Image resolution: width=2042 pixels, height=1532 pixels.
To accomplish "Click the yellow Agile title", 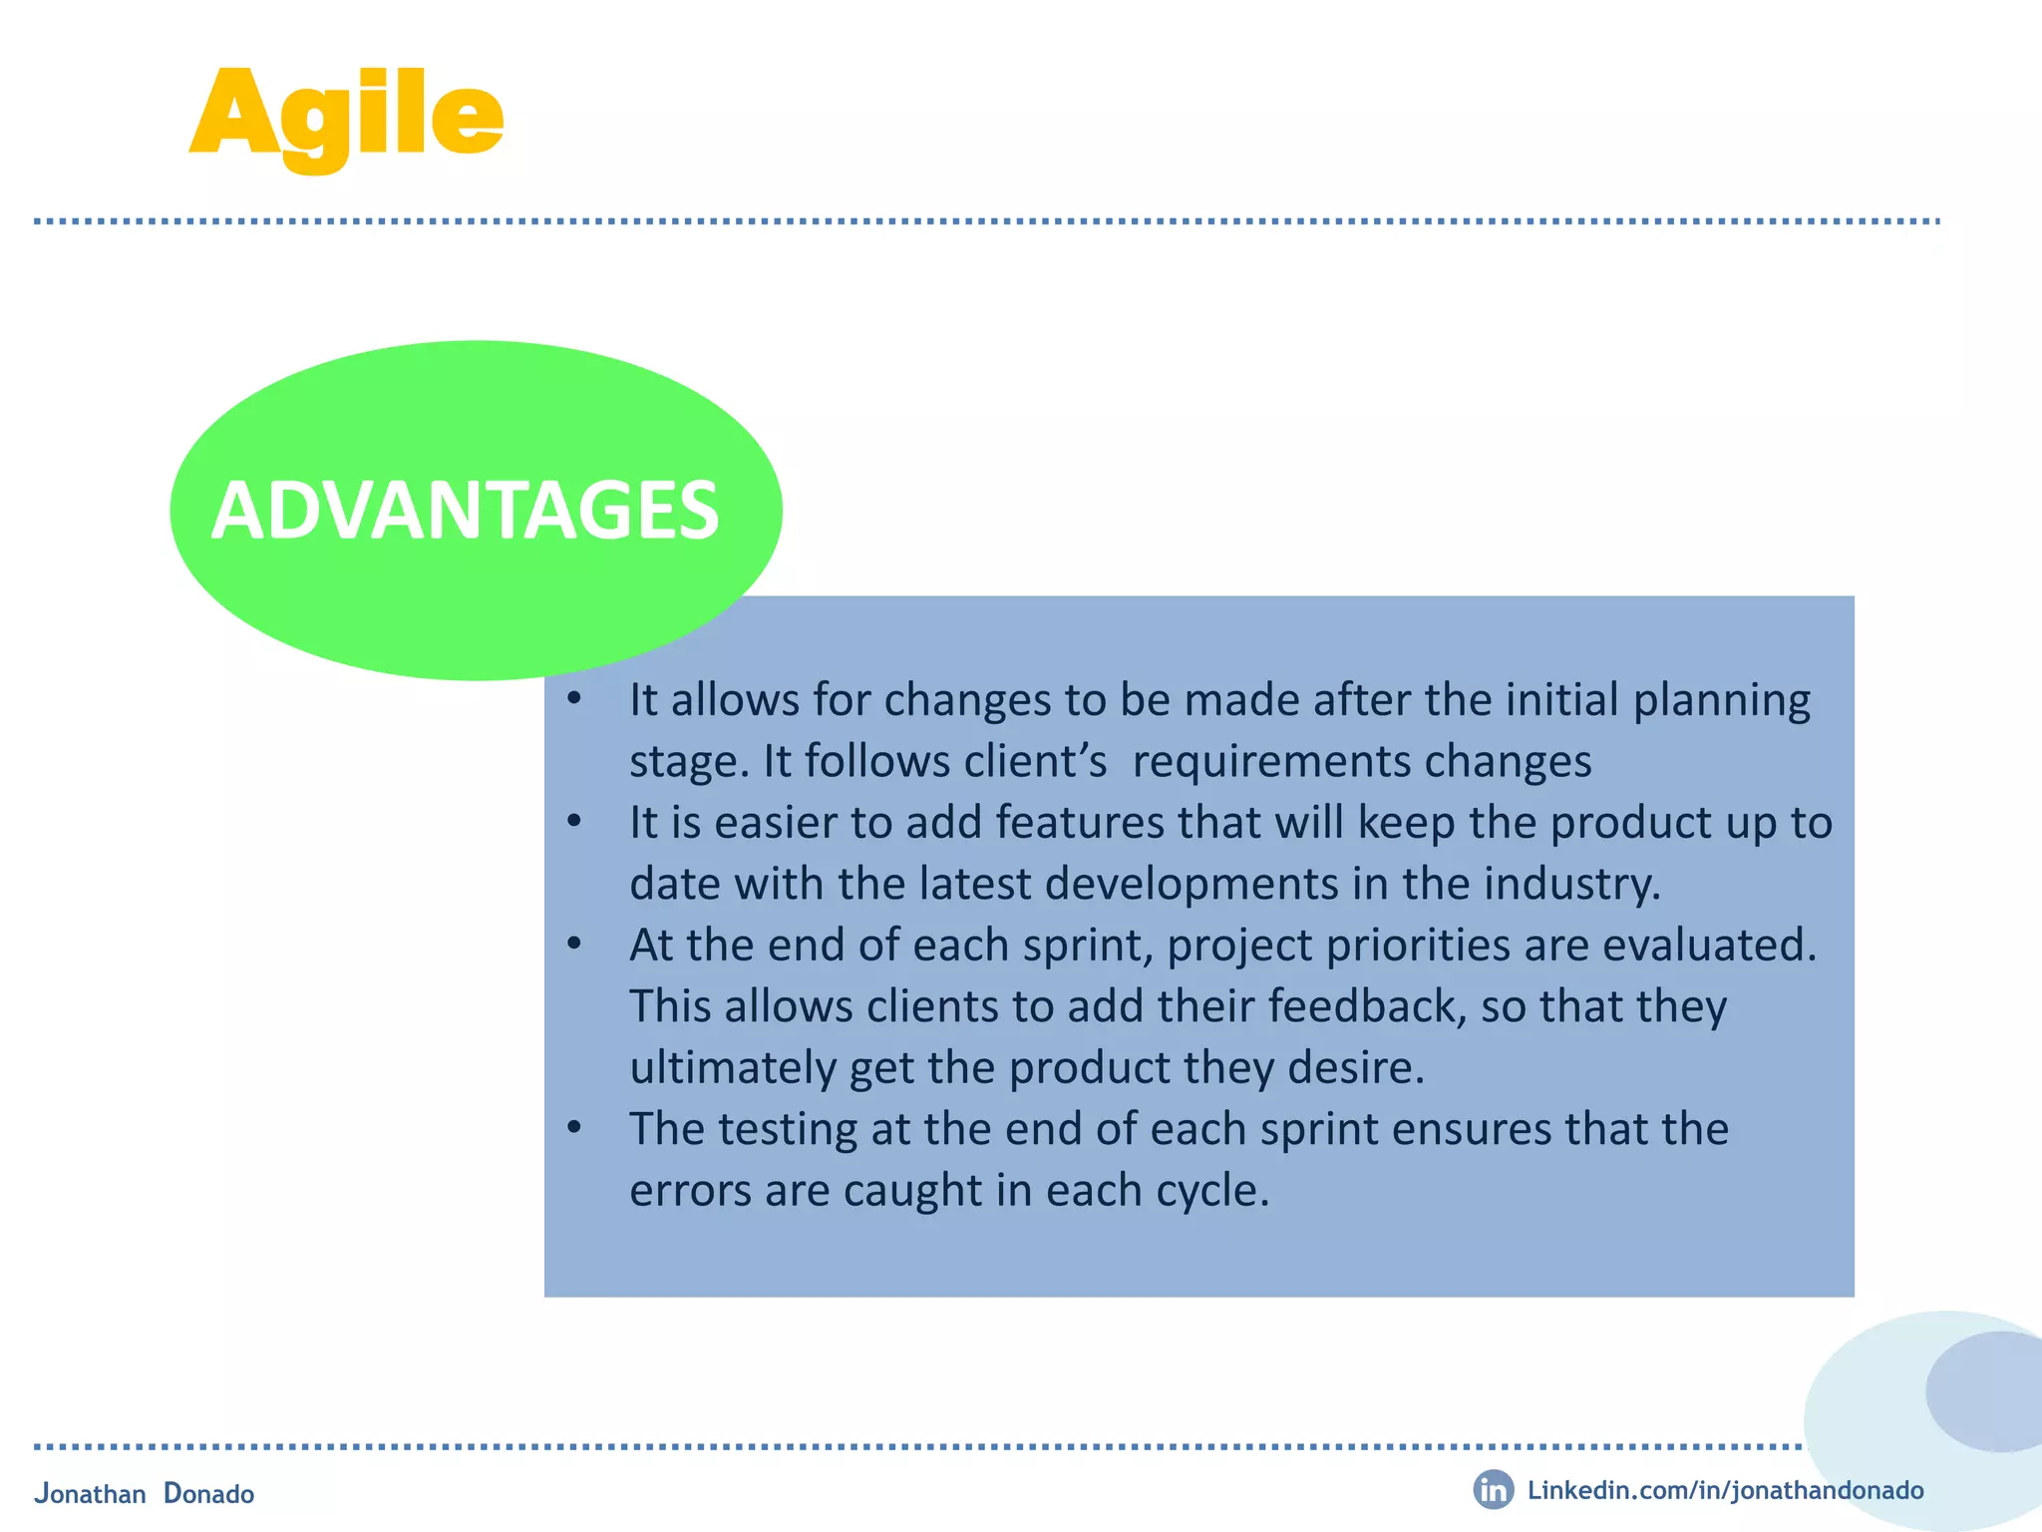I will click(346, 115).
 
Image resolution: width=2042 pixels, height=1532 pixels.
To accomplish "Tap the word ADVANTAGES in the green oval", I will click(465, 511).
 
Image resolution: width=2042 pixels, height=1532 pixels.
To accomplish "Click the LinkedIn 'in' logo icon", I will click(1493, 1490).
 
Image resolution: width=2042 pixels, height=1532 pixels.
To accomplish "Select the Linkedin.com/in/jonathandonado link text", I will click(1725, 1490).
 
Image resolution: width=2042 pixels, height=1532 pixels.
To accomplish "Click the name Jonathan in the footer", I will click(91, 1493).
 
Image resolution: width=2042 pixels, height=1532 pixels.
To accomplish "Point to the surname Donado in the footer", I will click(208, 1493).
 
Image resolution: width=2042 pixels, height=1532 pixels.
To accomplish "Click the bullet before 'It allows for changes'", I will click(573, 699).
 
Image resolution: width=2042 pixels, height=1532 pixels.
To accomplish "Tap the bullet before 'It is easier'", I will click(573, 822).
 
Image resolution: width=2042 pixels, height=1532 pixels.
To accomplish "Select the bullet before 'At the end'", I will click(573, 944).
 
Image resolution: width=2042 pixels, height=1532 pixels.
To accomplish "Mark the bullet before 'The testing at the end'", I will click(573, 1128).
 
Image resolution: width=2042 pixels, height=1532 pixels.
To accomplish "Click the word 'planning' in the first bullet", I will click(1721, 701).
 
